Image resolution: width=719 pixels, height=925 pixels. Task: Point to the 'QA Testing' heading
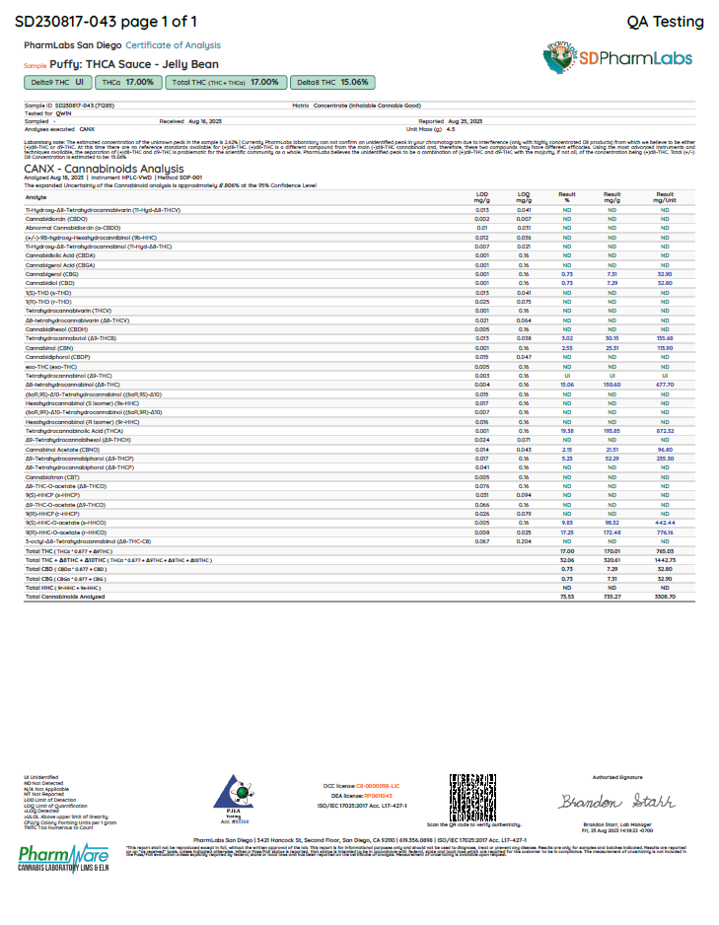(665, 22)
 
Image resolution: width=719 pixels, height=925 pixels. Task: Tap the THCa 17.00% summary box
(127, 83)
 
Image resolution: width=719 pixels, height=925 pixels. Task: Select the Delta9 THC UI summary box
(57, 83)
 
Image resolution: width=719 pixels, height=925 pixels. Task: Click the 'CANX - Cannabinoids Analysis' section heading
(94, 169)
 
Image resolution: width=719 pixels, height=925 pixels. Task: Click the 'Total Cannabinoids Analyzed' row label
(65, 597)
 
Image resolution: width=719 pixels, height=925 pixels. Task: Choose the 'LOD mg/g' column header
(482, 197)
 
